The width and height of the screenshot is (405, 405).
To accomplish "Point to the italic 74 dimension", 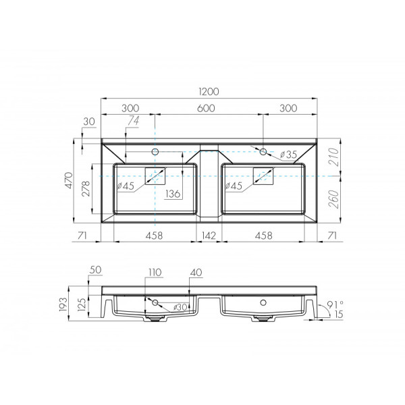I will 132,120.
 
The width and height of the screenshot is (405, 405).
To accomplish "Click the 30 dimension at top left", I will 89,122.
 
